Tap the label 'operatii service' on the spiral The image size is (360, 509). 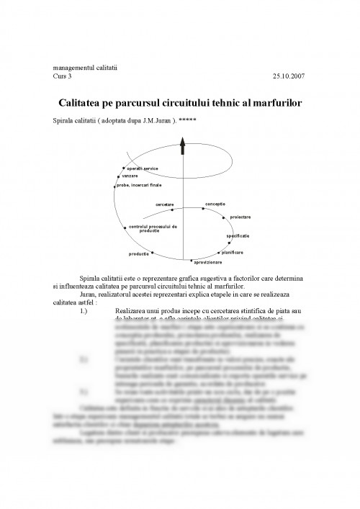coord(142,168)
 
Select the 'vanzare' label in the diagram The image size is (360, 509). coord(130,176)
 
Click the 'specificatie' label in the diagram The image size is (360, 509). coord(238,235)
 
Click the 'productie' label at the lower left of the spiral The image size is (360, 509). coord(139,254)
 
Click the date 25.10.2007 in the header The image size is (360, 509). coord(288,76)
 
